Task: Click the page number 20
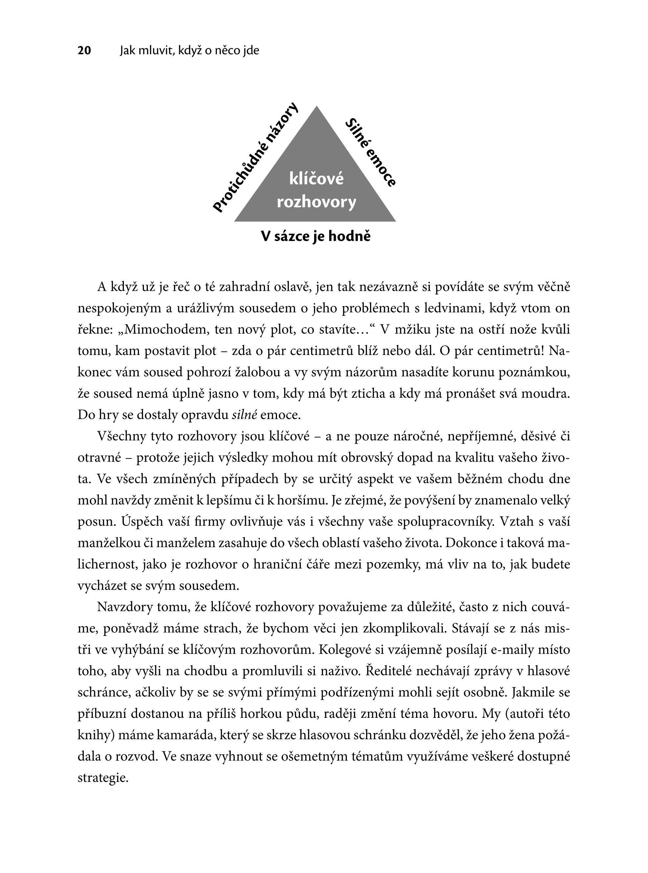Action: pos(84,51)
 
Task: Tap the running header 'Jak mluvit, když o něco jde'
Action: pos(190,51)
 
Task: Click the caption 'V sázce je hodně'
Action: pos(316,236)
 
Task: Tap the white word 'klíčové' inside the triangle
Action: pos(316,179)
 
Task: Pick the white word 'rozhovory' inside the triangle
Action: pos(316,202)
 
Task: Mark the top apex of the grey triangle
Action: pos(316,107)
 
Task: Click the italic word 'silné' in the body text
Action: pos(244,415)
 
